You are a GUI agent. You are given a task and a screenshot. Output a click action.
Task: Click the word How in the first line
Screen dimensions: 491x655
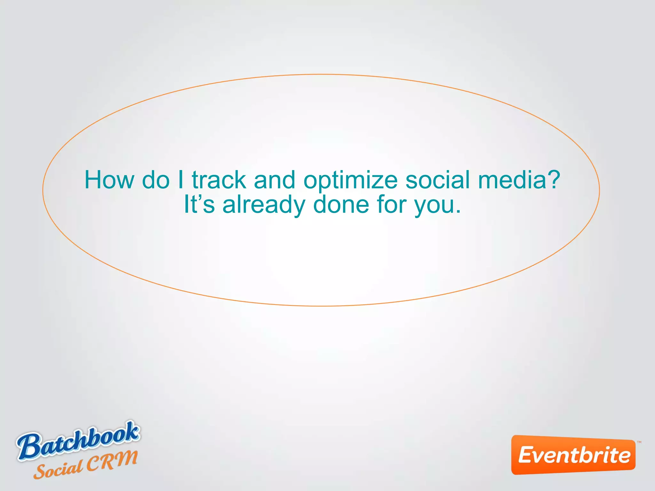click(109, 180)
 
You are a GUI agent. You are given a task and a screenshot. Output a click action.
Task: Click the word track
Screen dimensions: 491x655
click(219, 180)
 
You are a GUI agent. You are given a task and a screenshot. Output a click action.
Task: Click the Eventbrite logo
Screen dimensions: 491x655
click(573, 455)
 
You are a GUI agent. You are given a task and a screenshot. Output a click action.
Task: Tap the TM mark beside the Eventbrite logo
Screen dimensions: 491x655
click(639, 442)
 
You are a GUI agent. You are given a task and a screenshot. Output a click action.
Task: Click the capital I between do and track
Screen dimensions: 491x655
click(181, 180)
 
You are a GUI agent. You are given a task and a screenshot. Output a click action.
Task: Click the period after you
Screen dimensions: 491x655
click(458, 212)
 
